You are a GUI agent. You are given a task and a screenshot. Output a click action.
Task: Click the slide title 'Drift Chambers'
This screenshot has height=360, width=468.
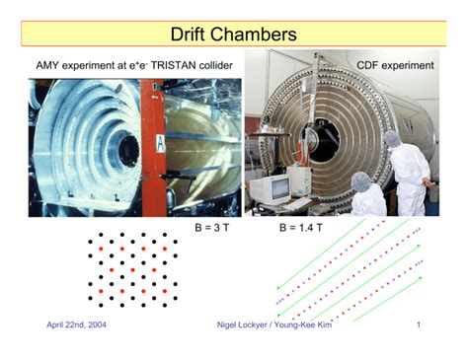[x=233, y=35]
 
